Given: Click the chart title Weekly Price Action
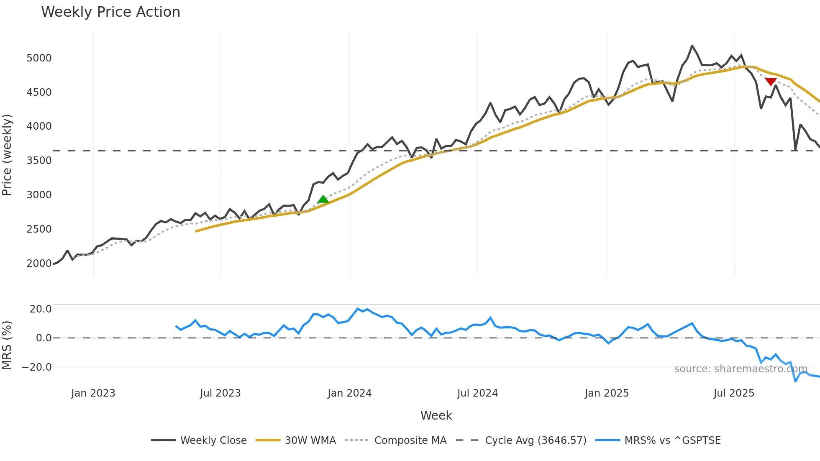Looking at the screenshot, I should coord(110,12).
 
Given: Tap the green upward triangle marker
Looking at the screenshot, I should coord(323,200).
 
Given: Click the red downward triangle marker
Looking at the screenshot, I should coord(771,82).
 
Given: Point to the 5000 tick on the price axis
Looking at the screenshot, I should coord(39,58).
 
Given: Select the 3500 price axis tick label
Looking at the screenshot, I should coord(39,161).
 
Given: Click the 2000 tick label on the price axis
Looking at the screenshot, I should coord(39,263).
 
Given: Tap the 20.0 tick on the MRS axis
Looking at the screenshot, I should coord(41,309).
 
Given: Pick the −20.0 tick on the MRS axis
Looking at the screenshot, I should coord(37,367).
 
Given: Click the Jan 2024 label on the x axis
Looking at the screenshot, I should coord(349,393).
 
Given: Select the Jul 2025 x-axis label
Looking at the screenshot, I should coord(734,393).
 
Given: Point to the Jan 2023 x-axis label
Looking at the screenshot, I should coord(93,393).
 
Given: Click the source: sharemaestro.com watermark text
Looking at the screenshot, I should coord(741,369).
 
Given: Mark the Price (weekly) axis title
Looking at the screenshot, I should coord(7,155).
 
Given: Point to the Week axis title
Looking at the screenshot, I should coord(436,415).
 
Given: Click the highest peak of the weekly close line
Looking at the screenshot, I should coord(692,46).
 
